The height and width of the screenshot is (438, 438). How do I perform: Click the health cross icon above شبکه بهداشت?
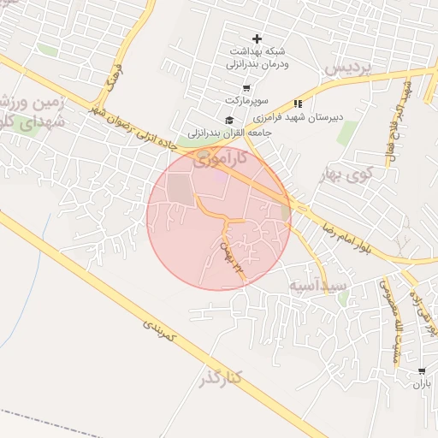(257, 38)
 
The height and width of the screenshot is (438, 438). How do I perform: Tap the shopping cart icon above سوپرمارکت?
(246, 88)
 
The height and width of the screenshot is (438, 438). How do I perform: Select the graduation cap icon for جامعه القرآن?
(228, 119)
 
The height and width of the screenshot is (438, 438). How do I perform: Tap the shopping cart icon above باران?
(422, 371)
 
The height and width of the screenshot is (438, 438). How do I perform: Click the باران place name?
(422, 385)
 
